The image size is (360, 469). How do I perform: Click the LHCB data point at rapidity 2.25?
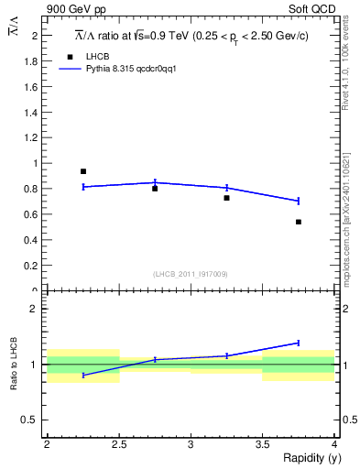[82, 171]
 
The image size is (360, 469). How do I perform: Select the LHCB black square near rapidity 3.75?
[299, 222]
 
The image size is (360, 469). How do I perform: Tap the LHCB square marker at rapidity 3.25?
[226, 198]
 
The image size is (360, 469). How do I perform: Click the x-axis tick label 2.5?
[119, 444]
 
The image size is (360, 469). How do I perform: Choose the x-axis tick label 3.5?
[262, 444]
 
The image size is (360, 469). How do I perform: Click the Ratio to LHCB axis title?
[15, 365]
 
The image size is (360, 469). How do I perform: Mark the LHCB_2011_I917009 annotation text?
[191, 273]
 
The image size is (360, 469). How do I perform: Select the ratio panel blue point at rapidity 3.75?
[299, 343]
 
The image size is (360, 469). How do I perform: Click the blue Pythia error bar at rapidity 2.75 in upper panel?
[155, 182]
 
